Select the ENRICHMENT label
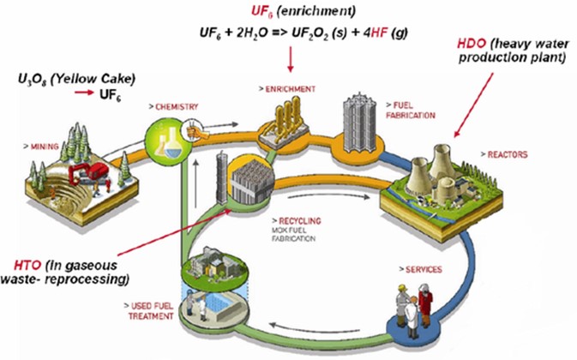click(286, 88)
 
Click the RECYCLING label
click(298, 220)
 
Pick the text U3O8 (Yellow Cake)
click(59, 79)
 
